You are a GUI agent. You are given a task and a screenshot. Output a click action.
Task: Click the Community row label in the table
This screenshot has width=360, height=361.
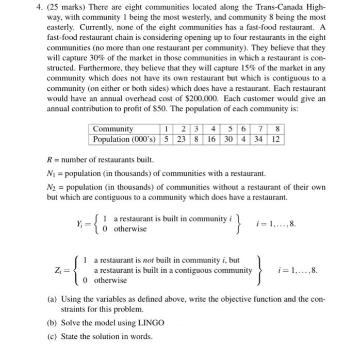click(112, 129)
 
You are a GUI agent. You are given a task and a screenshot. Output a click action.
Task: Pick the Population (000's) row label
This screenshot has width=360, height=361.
click(124, 139)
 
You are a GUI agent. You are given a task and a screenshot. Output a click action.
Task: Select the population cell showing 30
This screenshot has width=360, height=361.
click(227, 139)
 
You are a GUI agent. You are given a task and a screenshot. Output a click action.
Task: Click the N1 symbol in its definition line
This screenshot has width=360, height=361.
click(51, 174)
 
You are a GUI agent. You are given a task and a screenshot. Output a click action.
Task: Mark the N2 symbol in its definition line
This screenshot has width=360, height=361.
click(52, 187)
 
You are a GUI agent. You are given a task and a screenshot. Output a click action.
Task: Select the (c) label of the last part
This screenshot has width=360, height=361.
click(52, 337)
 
